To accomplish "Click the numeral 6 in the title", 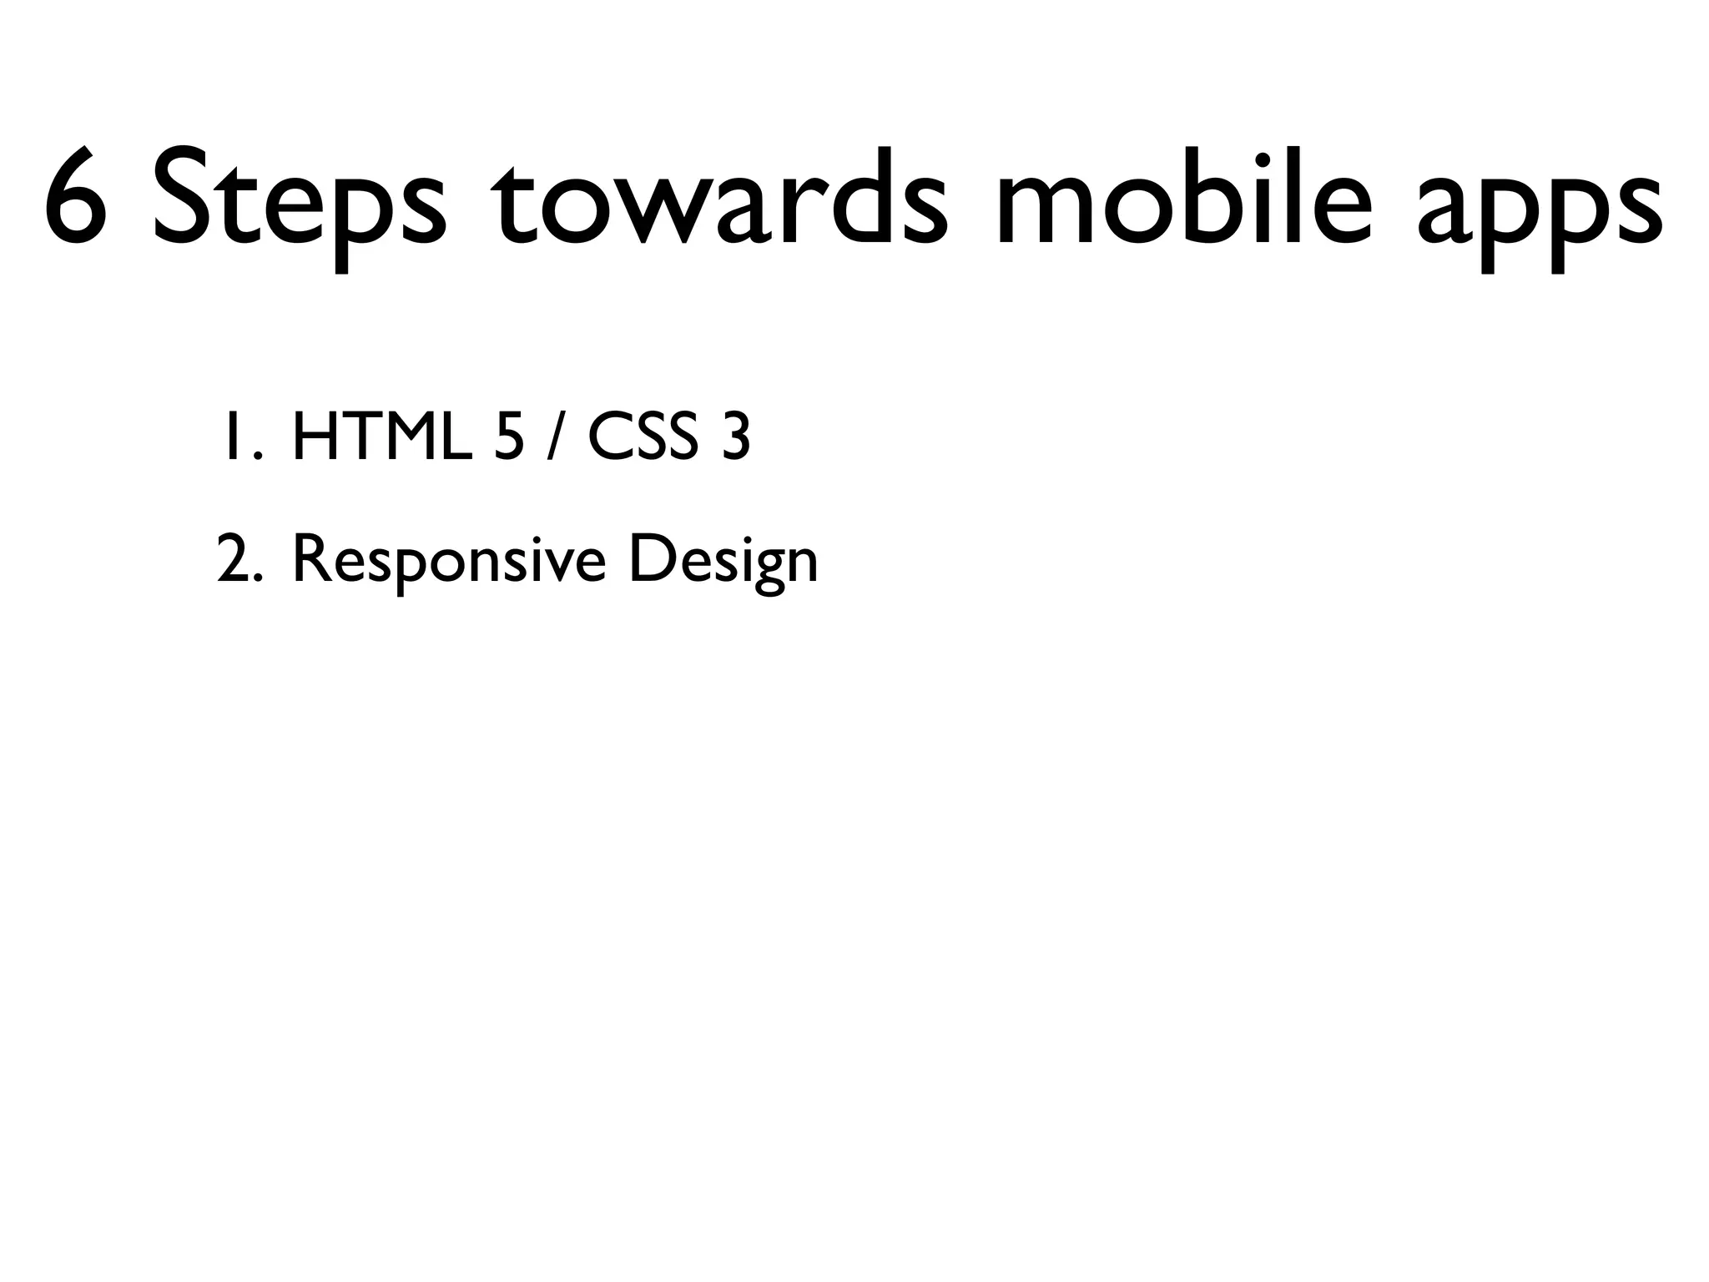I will (76, 197).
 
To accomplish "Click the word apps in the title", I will (1540, 209).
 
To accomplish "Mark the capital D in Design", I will (651, 560).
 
